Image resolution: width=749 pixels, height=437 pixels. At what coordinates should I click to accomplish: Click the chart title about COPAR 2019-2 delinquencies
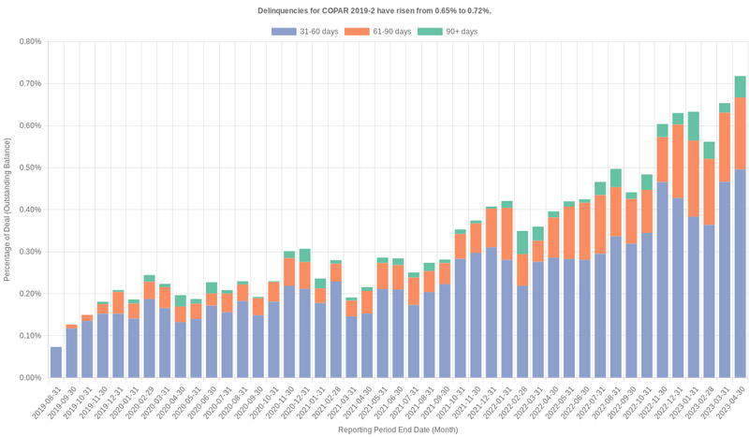[x=374, y=10]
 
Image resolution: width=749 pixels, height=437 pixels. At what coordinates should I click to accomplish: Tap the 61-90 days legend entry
[x=378, y=32]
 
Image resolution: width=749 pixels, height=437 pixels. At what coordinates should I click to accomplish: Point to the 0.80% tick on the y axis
[x=27, y=41]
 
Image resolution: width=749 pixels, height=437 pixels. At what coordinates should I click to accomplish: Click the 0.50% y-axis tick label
[x=27, y=168]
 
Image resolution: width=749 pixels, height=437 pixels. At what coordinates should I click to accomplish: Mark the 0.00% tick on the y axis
[x=27, y=378]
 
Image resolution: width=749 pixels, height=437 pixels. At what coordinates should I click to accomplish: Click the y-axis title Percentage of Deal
[x=7, y=210]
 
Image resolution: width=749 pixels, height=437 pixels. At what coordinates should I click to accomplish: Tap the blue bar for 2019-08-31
[x=56, y=362]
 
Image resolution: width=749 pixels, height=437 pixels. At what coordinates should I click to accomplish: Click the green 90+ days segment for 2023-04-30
[x=740, y=86]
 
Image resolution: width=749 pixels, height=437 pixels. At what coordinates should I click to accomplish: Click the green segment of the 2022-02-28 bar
[x=522, y=242]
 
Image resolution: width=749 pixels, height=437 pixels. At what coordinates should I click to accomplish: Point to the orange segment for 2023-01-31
[x=694, y=178]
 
